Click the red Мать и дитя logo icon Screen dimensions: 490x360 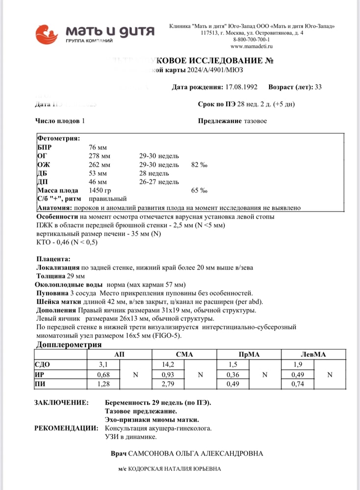coord(47,34)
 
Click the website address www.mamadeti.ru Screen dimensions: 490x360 coord(251,46)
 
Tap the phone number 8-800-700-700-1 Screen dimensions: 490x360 coord(252,39)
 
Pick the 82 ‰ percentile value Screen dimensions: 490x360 coord(199,165)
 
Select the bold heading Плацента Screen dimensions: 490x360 coord(53,259)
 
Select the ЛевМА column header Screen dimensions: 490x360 coord(313,354)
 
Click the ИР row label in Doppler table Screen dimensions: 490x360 coord(41,374)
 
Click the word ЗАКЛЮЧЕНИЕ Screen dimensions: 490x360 coord(61,402)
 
